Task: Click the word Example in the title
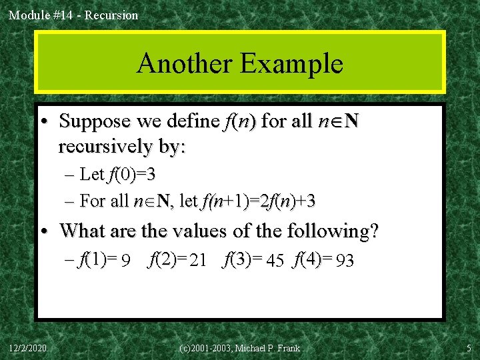click(292, 64)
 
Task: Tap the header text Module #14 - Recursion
click(73, 15)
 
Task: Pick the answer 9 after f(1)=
click(125, 261)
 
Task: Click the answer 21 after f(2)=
click(198, 261)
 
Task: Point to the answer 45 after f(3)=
click(275, 261)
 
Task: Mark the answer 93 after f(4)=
click(345, 261)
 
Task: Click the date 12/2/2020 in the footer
click(28, 348)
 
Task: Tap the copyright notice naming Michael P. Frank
click(240, 348)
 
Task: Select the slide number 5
click(468, 348)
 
